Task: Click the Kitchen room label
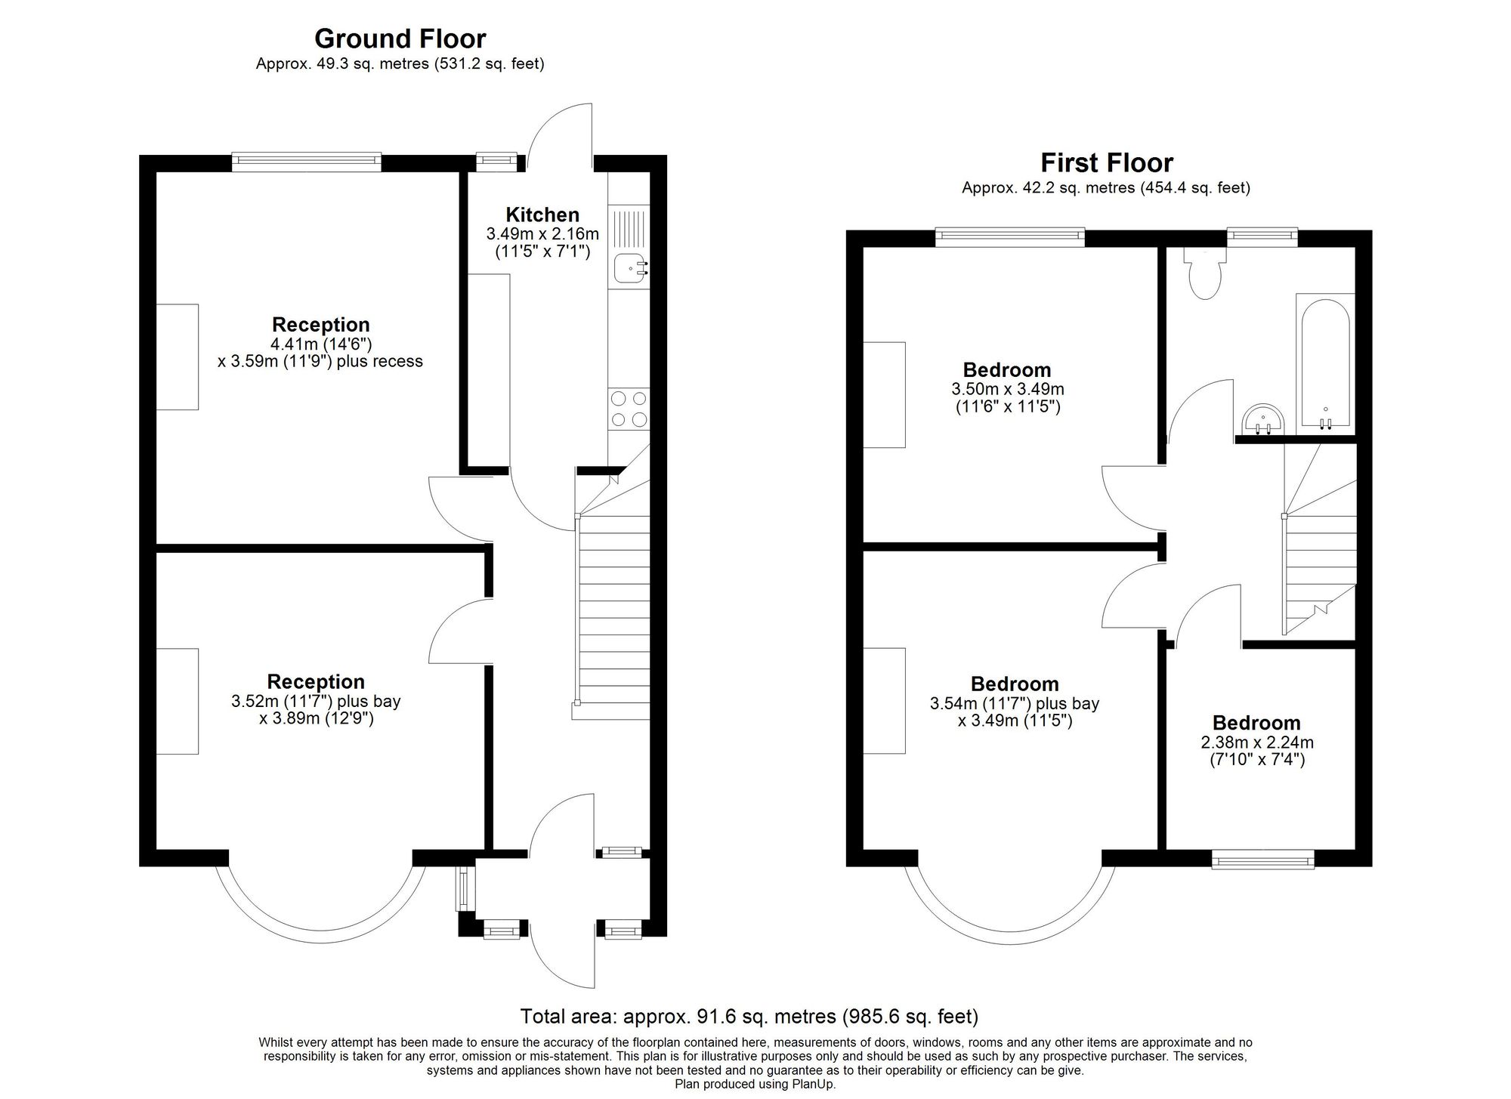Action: [542, 215]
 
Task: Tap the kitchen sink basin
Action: [630, 268]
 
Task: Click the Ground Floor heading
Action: [400, 39]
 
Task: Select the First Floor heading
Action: [1107, 162]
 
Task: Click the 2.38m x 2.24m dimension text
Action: [1257, 742]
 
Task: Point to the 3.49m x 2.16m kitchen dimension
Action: [542, 234]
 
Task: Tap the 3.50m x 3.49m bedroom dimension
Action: [1007, 390]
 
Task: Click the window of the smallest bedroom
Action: [1263, 859]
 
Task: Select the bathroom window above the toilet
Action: [1262, 237]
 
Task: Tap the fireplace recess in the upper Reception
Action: [178, 357]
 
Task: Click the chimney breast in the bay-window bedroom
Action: [885, 701]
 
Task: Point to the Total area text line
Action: [749, 1016]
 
